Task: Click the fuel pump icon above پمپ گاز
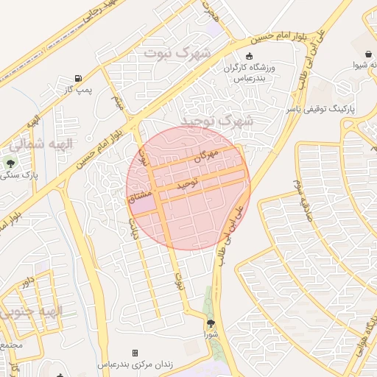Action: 78,78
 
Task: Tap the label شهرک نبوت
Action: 177,53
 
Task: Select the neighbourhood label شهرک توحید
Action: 219,119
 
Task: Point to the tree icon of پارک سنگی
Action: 10,162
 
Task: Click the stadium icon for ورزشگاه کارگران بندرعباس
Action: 249,56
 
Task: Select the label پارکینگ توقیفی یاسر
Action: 320,109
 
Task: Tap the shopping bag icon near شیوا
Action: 367,52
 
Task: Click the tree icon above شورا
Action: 211,323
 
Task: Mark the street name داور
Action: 27,281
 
